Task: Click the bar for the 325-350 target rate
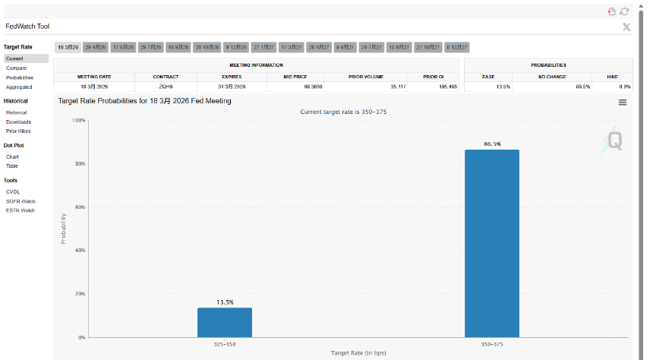(x=224, y=322)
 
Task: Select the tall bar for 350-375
(x=491, y=243)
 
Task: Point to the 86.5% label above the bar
(x=491, y=144)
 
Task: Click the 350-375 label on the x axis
(x=491, y=344)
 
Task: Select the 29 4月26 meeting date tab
(x=96, y=47)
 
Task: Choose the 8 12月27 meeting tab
(x=457, y=47)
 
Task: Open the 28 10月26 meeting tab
(x=207, y=47)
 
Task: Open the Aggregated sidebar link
(x=19, y=87)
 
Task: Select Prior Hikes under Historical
(x=18, y=131)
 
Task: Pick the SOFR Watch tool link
(x=21, y=201)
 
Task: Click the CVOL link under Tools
(x=13, y=191)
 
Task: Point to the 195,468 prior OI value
(x=446, y=87)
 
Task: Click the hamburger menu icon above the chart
(x=623, y=103)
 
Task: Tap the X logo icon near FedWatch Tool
(x=626, y=27)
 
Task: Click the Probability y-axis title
(x=64, y=228)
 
